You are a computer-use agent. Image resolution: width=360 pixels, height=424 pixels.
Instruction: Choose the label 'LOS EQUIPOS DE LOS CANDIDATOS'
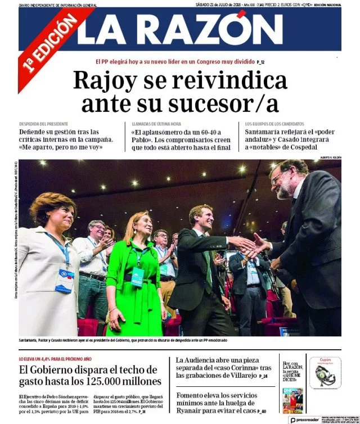click(x=275, y=123)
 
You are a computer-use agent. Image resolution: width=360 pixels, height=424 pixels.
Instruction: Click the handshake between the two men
click(x=254, y=245)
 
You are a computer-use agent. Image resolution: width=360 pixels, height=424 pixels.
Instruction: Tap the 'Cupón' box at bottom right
click(x=325, y=371)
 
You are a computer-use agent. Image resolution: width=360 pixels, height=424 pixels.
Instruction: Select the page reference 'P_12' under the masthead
click(x=259, y=62)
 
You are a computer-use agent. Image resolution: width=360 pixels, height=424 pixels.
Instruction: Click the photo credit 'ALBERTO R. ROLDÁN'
click(x=330, y=157)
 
